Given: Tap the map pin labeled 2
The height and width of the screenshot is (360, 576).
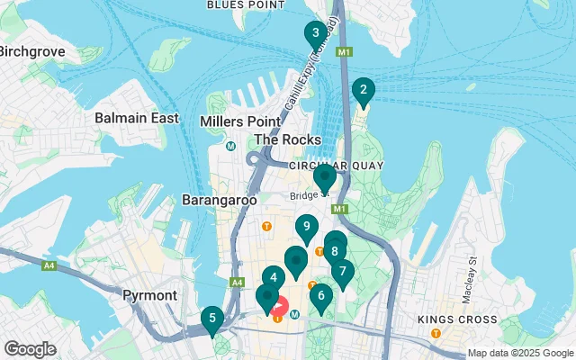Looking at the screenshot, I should point(363,90).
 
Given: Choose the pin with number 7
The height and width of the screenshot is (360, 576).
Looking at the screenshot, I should point(342,271).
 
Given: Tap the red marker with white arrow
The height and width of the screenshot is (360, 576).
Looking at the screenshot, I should point(279,306).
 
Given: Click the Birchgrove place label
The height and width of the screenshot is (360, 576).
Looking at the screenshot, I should point(33,51).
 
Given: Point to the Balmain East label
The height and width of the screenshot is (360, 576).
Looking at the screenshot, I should point(130,118).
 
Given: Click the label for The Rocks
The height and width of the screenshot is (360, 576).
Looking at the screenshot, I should point(288,139).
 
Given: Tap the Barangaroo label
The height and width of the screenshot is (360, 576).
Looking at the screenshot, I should point(220,199).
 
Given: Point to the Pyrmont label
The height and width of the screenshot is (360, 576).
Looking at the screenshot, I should point(150,295).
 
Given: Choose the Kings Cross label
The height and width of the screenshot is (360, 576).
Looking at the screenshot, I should point(457,319).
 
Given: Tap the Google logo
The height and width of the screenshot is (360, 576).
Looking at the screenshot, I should point(30,348).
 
